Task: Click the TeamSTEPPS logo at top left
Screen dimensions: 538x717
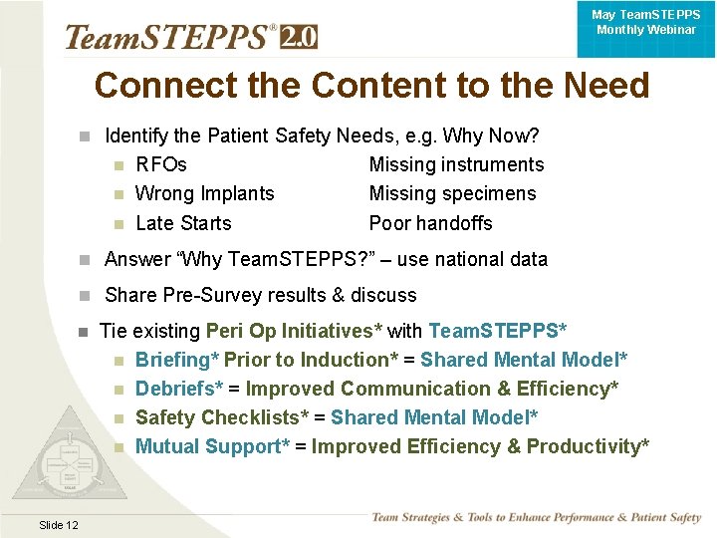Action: [x=169, y=37]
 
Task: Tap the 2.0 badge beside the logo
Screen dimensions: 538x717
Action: [x=299, y=37]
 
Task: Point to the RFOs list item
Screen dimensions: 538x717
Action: [x=160, y=164]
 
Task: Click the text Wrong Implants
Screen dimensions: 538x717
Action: [x=204, y=193]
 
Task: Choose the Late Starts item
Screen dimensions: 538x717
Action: [x=183, y=223]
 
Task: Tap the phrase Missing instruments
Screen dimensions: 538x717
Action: [x=456, y=164]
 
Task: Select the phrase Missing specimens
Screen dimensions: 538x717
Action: [x=452, y=193]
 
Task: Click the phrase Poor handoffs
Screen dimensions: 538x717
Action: [x=430, y=223]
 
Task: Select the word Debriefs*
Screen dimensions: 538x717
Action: [x=179, y=389]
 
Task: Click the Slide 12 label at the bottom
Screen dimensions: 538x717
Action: [x=59, y=525]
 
